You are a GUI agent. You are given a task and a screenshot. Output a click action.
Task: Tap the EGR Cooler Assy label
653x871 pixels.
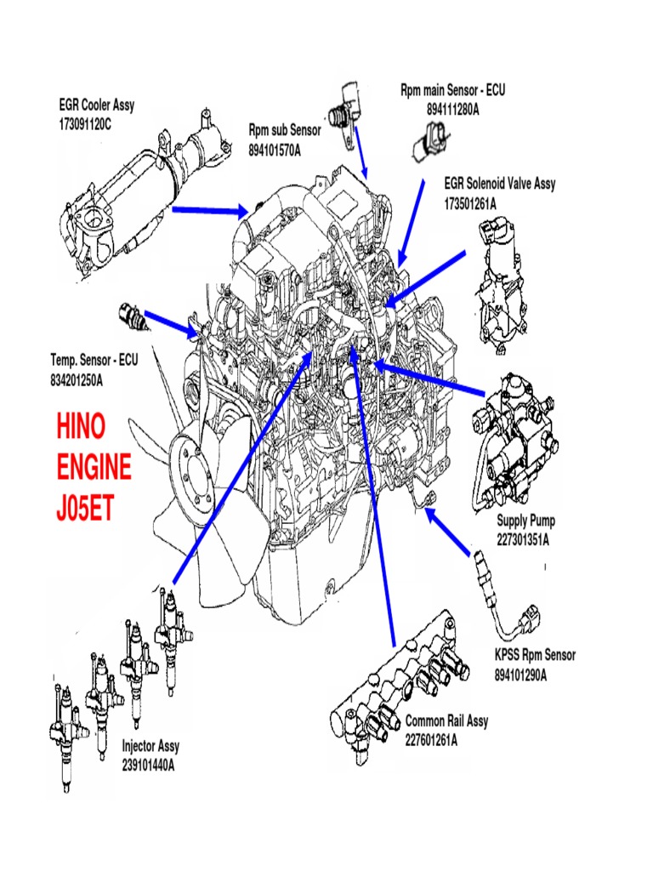pos(97,106)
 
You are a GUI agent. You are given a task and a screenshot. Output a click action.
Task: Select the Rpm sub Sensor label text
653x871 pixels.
pos(285,130)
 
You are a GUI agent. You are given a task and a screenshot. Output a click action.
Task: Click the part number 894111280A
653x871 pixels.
pos(453,109)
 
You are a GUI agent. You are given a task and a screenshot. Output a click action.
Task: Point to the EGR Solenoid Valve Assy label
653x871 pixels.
pos(500,185)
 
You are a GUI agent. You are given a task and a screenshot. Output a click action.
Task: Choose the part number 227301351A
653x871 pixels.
pos(523,538)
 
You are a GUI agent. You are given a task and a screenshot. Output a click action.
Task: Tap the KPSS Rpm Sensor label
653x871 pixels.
pos(535,655)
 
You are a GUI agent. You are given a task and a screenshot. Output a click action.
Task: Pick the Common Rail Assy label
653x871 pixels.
pos(446,721)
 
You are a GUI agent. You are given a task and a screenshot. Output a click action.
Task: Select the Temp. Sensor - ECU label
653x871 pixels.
pos(94,361)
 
